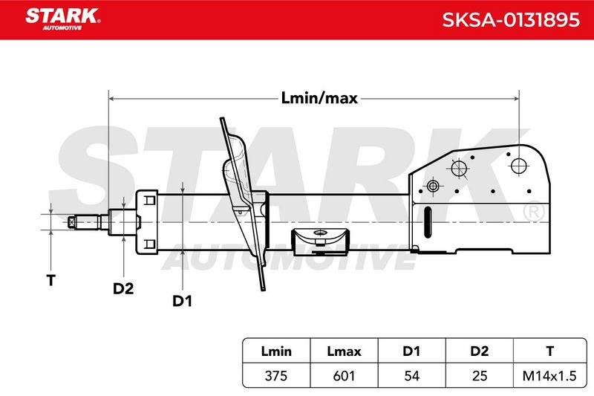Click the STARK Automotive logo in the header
(x=63, y=19)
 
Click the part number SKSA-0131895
(x=511, y=20)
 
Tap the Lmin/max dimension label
(x=319, y=98)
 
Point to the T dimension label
(x=50, y=280)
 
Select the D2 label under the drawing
(x=123, y=289)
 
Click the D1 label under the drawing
(x=182, y=301)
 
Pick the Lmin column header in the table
(x=276, y=351)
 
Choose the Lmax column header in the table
(x=344, y=351)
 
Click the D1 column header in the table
(x=411, y=351)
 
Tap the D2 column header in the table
(x=479, y=351)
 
